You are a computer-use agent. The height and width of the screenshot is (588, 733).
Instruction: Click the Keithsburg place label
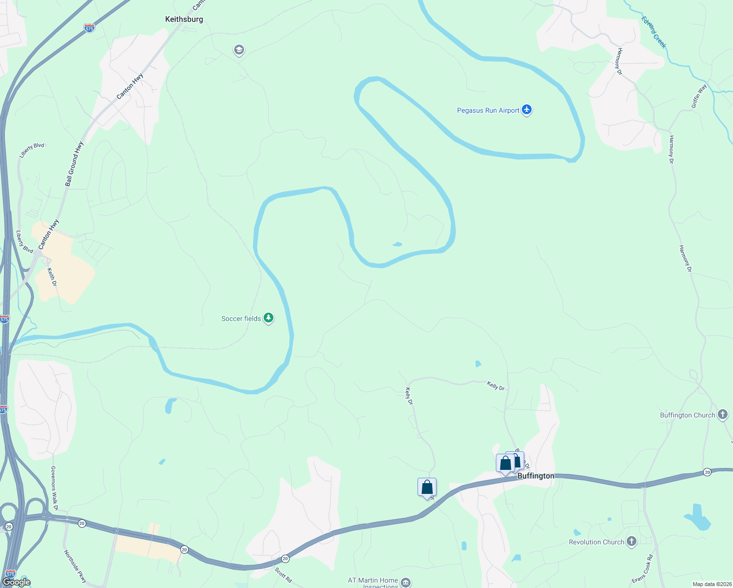tap(184, 19)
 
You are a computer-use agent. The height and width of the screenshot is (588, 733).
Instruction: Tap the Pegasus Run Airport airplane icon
tap(527, 109)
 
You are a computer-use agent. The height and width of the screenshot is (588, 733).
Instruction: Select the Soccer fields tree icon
tap(268, 318)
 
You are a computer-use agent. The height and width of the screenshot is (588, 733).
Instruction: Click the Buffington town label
tap(536, 476)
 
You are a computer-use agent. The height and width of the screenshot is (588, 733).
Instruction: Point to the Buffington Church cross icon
tap(722, 415)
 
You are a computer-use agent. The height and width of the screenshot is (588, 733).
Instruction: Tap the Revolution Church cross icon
tap(631, 541)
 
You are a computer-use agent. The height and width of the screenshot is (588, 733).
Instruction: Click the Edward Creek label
tap(654, 32)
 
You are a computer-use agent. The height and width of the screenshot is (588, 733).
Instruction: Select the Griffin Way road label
tap(699, 96)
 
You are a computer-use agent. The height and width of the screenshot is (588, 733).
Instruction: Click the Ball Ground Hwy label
tap(74, 164)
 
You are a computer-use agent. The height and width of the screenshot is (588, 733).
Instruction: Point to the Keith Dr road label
tap(52, 277)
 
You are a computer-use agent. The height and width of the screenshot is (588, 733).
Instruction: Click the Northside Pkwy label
tap(75, 566)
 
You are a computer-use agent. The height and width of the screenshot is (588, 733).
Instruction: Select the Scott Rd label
tap(283, 575)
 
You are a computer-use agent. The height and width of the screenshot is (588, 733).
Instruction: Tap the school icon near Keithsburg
tap(239, 49)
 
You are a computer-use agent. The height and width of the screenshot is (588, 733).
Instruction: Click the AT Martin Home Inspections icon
tap(405, 582)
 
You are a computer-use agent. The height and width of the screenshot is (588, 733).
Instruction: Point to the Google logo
tap(17, 582)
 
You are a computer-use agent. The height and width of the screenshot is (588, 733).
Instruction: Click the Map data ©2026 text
tap(712, 584)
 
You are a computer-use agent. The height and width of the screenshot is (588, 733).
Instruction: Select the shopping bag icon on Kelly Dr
tap(427, 487)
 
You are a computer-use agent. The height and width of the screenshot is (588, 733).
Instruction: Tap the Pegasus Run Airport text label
tap(488, 110)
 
